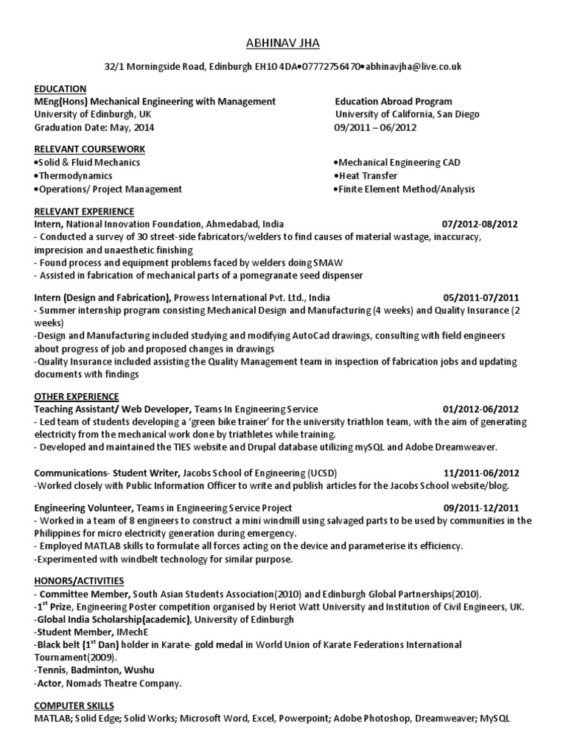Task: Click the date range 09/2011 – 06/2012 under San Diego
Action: click(x=375, y=127)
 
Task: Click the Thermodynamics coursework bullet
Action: click(x=74, y=176)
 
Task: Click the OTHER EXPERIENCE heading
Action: click(x=76, y=396)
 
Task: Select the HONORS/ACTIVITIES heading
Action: click(x=79, y=581)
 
